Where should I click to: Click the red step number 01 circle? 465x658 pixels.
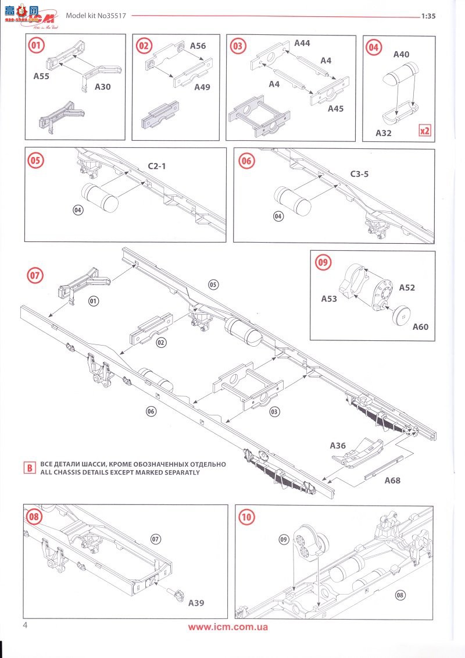pos(37,45)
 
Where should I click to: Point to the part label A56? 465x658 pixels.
pos(198,45)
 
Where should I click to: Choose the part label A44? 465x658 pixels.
pos(302,43)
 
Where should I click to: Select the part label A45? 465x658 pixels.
pos(336,109)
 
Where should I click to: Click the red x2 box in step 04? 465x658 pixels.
pos(425,130)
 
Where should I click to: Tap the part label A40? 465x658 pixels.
pos(401,55)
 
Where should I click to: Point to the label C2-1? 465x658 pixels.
pos(156,166)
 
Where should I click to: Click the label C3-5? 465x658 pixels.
pos(359,173)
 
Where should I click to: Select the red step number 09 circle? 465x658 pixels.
pos(323,262)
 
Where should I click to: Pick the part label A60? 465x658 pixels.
pos(420,327)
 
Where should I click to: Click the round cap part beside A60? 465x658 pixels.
pos(399,315)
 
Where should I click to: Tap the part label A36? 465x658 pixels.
pos(338,446)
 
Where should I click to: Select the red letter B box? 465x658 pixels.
pos(28,467)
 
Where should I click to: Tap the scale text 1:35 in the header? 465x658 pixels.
pos(428,16)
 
